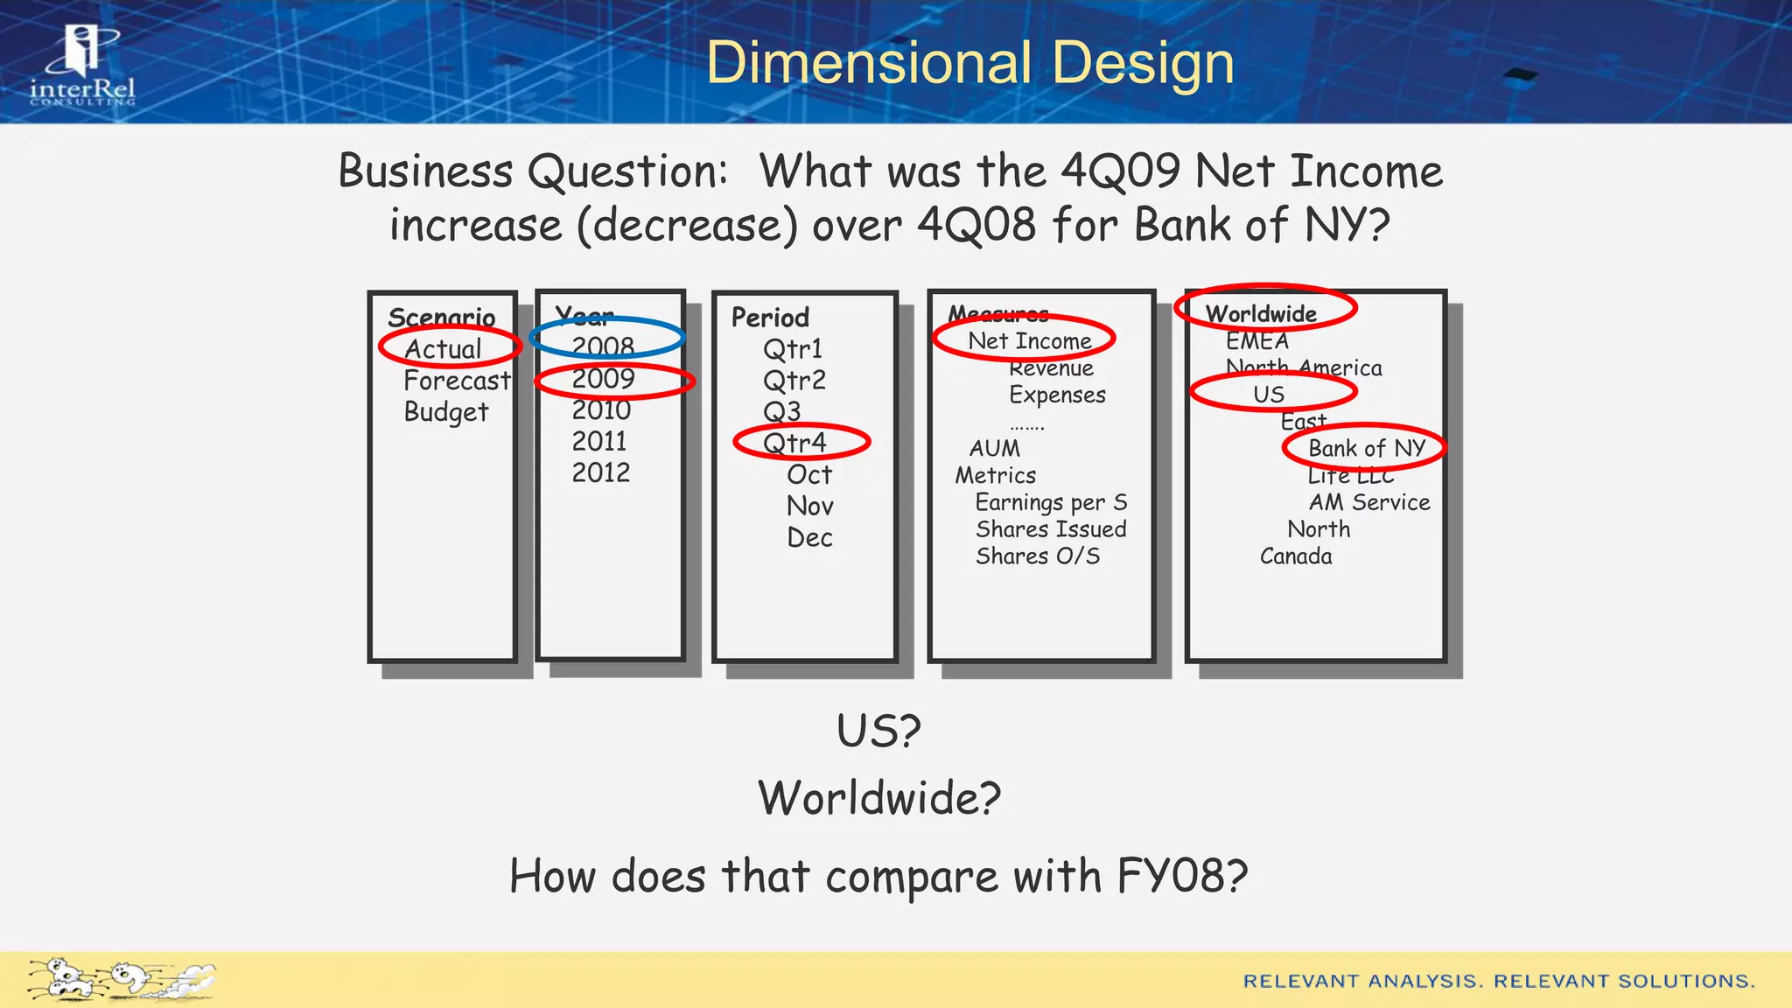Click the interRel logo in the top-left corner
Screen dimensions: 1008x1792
tap(82, 66)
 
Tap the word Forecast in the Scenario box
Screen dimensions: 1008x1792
tap(457, 381)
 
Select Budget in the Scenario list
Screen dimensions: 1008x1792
tap(446, 412)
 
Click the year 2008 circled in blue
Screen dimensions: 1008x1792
tap(604, 346)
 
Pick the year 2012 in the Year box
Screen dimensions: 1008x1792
tap(601, 472)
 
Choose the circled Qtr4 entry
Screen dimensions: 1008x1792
tap(794, 443)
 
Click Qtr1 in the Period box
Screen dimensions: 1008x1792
tap(793, 349)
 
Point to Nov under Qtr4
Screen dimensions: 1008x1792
tap(810, 506)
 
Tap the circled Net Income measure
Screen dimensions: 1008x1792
tap(1030, 340)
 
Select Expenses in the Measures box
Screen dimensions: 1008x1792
tap(1057, 395)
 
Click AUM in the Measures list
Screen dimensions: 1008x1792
tap(995, 448)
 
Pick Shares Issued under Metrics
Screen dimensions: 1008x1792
tap(1051, 529)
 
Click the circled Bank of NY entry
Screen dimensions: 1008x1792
tap(1367, 448)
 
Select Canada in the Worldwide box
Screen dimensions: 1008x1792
tap(1296, 556)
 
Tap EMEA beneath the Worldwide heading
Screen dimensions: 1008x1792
tap(1257, 341)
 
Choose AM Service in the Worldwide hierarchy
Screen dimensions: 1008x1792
tap(1369, 502)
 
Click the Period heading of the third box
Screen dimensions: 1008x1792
tap(770, 317)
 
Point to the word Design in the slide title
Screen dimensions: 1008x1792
tap(1143, 63)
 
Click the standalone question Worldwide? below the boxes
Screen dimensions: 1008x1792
tap(879, 798)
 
